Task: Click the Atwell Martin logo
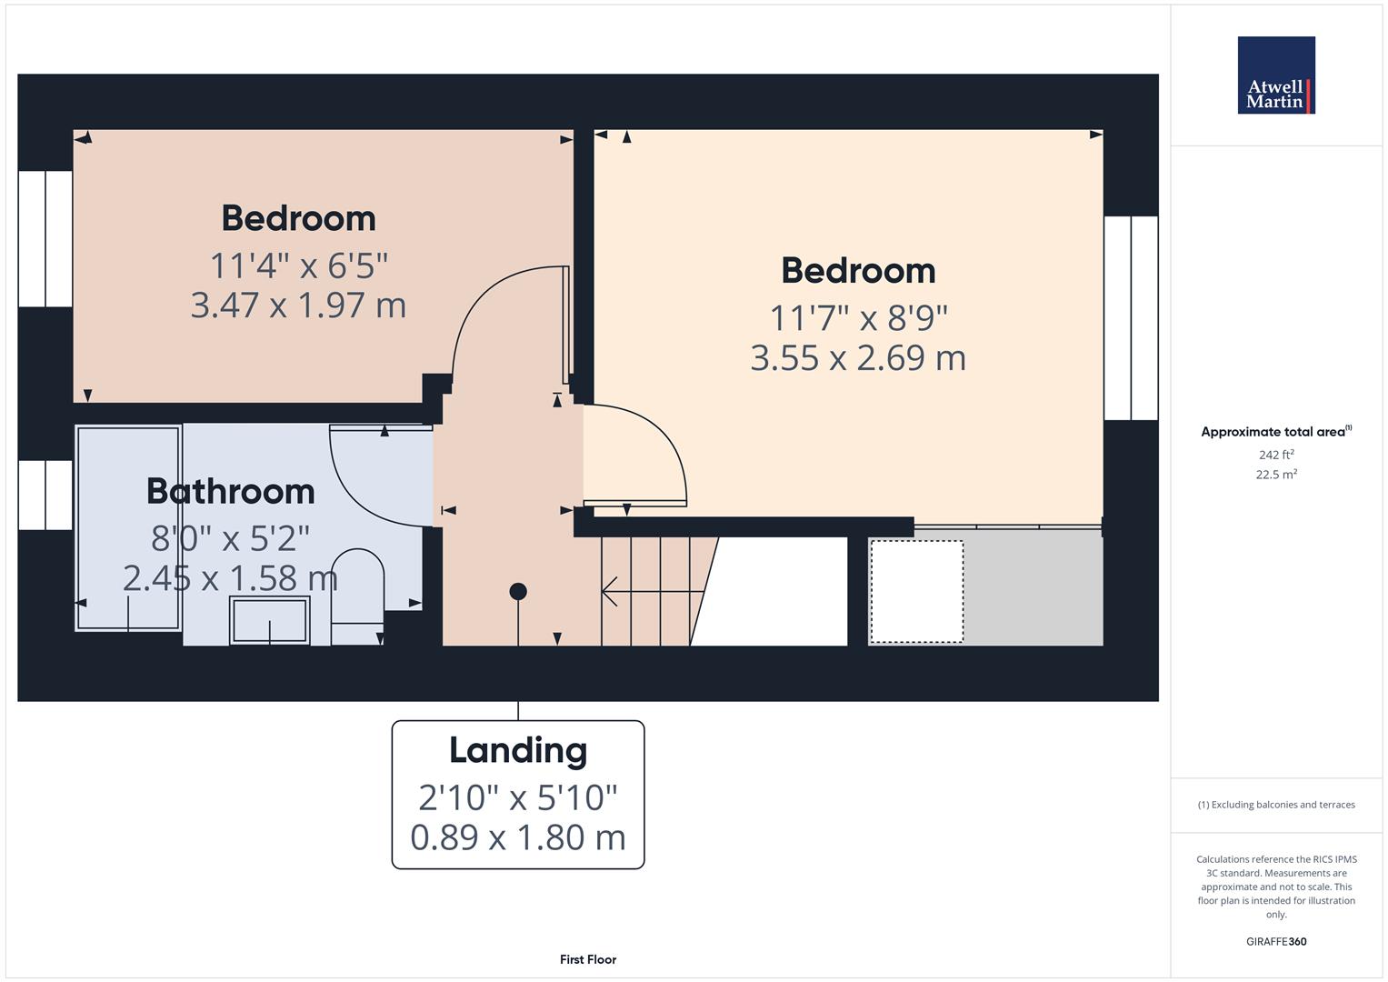(1275, 75)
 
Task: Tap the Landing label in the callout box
(518, 750)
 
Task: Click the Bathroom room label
(231, 491)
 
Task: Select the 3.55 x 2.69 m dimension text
(857, 357)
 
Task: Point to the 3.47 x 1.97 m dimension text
(298, 305)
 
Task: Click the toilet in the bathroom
(357, 596)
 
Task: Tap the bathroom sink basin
(270, 620)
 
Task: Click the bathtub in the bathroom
(128, 527)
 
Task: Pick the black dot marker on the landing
(518, 592)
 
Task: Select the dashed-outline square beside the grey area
(916, 591)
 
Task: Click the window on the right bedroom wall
(1131, 317)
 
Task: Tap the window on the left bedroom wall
(45, 238)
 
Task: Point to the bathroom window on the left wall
(45, 495)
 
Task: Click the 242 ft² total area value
(1275, 455)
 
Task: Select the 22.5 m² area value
(1275, 474)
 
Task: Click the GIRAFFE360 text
(1275, 941)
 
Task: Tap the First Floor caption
(588, 959)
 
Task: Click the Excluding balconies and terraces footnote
(1275, 805)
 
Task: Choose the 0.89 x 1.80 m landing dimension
(518, 837)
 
